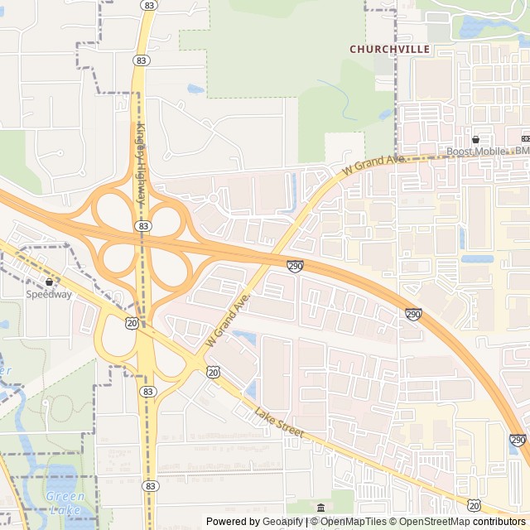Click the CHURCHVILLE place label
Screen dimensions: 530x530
coord(389,49)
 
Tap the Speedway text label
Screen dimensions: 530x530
coord(49,294)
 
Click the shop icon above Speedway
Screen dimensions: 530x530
coord(49,282)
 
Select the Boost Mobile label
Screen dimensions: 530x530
coord(476,151)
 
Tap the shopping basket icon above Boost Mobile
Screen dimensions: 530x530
coord(476,139)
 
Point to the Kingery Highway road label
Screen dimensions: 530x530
coord(141,166)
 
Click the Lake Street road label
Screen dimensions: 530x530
coord(279,423)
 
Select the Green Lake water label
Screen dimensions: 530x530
coord(65,503)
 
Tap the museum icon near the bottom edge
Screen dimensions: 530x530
coord(320,507)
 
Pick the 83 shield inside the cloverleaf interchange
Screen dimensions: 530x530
coord(146,225)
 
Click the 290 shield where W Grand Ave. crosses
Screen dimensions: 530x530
coord(295,265)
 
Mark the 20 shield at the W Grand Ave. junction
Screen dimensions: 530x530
coord(213,373)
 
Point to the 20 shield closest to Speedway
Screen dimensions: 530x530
coord(132,321)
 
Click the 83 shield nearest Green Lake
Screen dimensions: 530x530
coord(149,485)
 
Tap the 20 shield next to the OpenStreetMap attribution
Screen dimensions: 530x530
coord(473,504)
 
